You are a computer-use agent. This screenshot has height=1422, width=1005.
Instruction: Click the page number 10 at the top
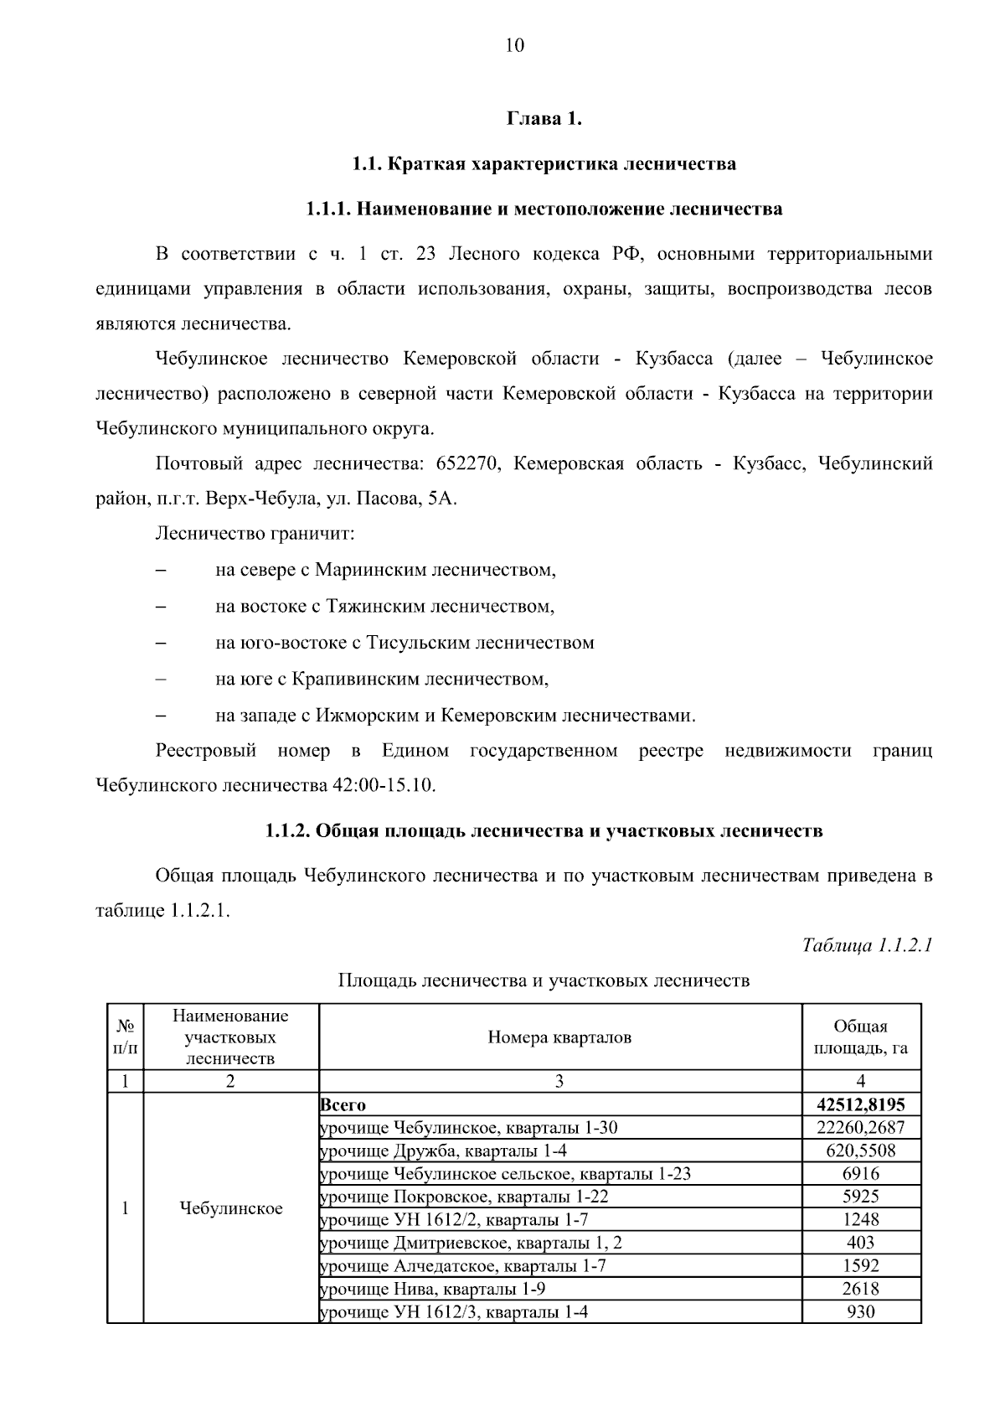[x=514, y=45]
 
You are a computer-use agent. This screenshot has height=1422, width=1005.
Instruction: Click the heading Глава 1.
[x=544, y=119]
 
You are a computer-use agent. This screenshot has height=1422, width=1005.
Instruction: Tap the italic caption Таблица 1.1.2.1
[x=867, y=946]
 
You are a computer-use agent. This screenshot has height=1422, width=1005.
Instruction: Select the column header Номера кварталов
[x=559, y=1037]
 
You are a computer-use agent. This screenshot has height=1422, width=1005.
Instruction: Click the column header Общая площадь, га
[x=860, y=1037]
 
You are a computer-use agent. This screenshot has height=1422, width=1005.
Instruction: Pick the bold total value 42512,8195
[x=860, y=1105]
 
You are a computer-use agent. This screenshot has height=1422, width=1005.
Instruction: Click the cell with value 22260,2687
[x=860, y=1128]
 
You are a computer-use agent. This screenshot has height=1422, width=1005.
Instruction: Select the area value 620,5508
[x=860, y=1151]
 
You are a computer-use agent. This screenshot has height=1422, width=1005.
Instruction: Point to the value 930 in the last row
[x=860, y=1311]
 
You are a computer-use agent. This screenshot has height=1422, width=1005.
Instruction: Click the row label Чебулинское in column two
[x=231, y=1208]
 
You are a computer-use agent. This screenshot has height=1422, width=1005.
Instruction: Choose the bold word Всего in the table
[x=343, y=1105]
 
